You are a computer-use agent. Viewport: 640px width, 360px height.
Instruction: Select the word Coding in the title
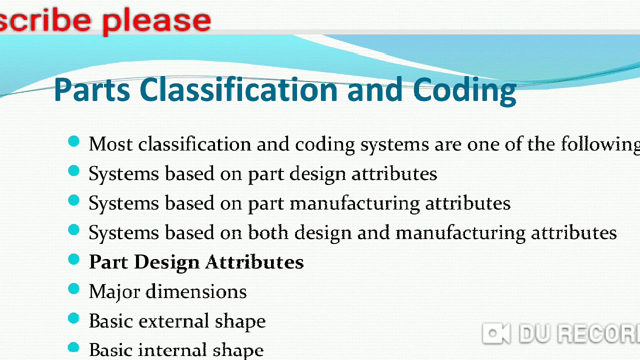[x=464, y=90]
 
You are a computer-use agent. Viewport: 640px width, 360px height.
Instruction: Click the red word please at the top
[x=156, y=20]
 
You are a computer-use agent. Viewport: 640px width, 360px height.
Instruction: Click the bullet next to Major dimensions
[x=73, y=289]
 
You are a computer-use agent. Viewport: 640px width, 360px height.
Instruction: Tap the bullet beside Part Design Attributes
[x=73, y=259]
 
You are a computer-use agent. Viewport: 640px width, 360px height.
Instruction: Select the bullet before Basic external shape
[x=73, y=318]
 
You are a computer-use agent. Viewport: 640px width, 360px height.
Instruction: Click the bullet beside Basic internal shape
[x=73, y=347]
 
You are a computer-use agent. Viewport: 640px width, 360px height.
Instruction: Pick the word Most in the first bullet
[x=110, y=144]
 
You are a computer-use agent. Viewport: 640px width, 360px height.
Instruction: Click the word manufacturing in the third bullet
[x=355, y=203]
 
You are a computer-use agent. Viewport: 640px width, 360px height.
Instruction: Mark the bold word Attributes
[x=254, y=262]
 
